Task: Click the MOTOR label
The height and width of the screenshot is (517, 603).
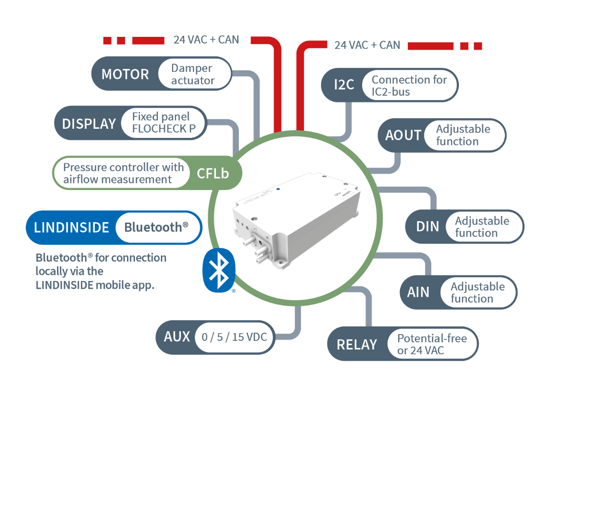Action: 125,74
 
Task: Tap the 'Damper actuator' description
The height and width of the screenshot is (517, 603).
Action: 192,74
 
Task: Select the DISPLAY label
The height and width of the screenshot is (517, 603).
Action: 89,124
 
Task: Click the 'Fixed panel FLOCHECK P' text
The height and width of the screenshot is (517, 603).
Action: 163,123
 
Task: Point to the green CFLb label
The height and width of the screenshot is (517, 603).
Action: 213,173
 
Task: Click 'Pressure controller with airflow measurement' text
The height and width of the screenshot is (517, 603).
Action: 123,173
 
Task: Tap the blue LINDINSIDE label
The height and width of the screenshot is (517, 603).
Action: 72,227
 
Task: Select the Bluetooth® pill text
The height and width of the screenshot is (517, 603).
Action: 156,227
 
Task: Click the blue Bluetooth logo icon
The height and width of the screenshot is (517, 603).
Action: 219,270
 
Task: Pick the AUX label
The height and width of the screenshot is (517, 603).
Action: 177,337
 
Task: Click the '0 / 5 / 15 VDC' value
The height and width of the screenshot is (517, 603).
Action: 234,337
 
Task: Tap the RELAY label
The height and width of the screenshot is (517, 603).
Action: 357,345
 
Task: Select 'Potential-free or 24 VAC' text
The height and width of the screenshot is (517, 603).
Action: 431,344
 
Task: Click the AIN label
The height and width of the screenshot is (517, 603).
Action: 418,292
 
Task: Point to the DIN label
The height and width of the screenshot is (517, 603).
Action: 427,226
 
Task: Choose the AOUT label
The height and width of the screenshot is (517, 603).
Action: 403,135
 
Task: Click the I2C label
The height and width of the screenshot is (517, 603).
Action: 344,85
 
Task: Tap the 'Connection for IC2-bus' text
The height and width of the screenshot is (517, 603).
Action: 409,85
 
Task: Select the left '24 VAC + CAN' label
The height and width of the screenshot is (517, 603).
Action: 206,40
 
